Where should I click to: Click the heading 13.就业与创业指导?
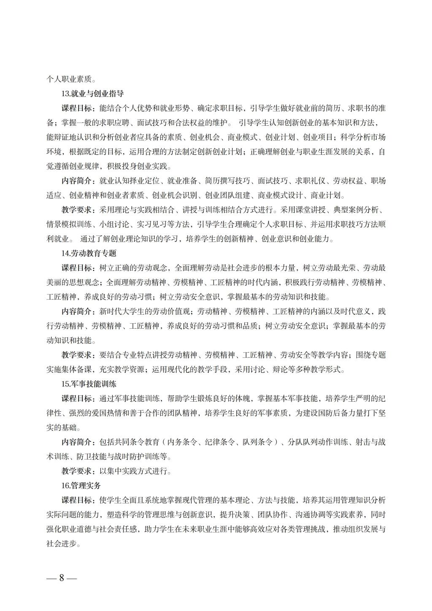(93, 93)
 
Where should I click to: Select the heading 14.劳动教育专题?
(89, 253)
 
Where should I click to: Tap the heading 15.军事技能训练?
(89, 384)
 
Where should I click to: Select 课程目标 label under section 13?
(78, 108)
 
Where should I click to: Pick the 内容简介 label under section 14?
(78, 311)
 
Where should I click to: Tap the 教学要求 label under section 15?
(78, 471)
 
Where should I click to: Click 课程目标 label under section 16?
(78, 500)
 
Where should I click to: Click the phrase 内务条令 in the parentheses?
(183, 442)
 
